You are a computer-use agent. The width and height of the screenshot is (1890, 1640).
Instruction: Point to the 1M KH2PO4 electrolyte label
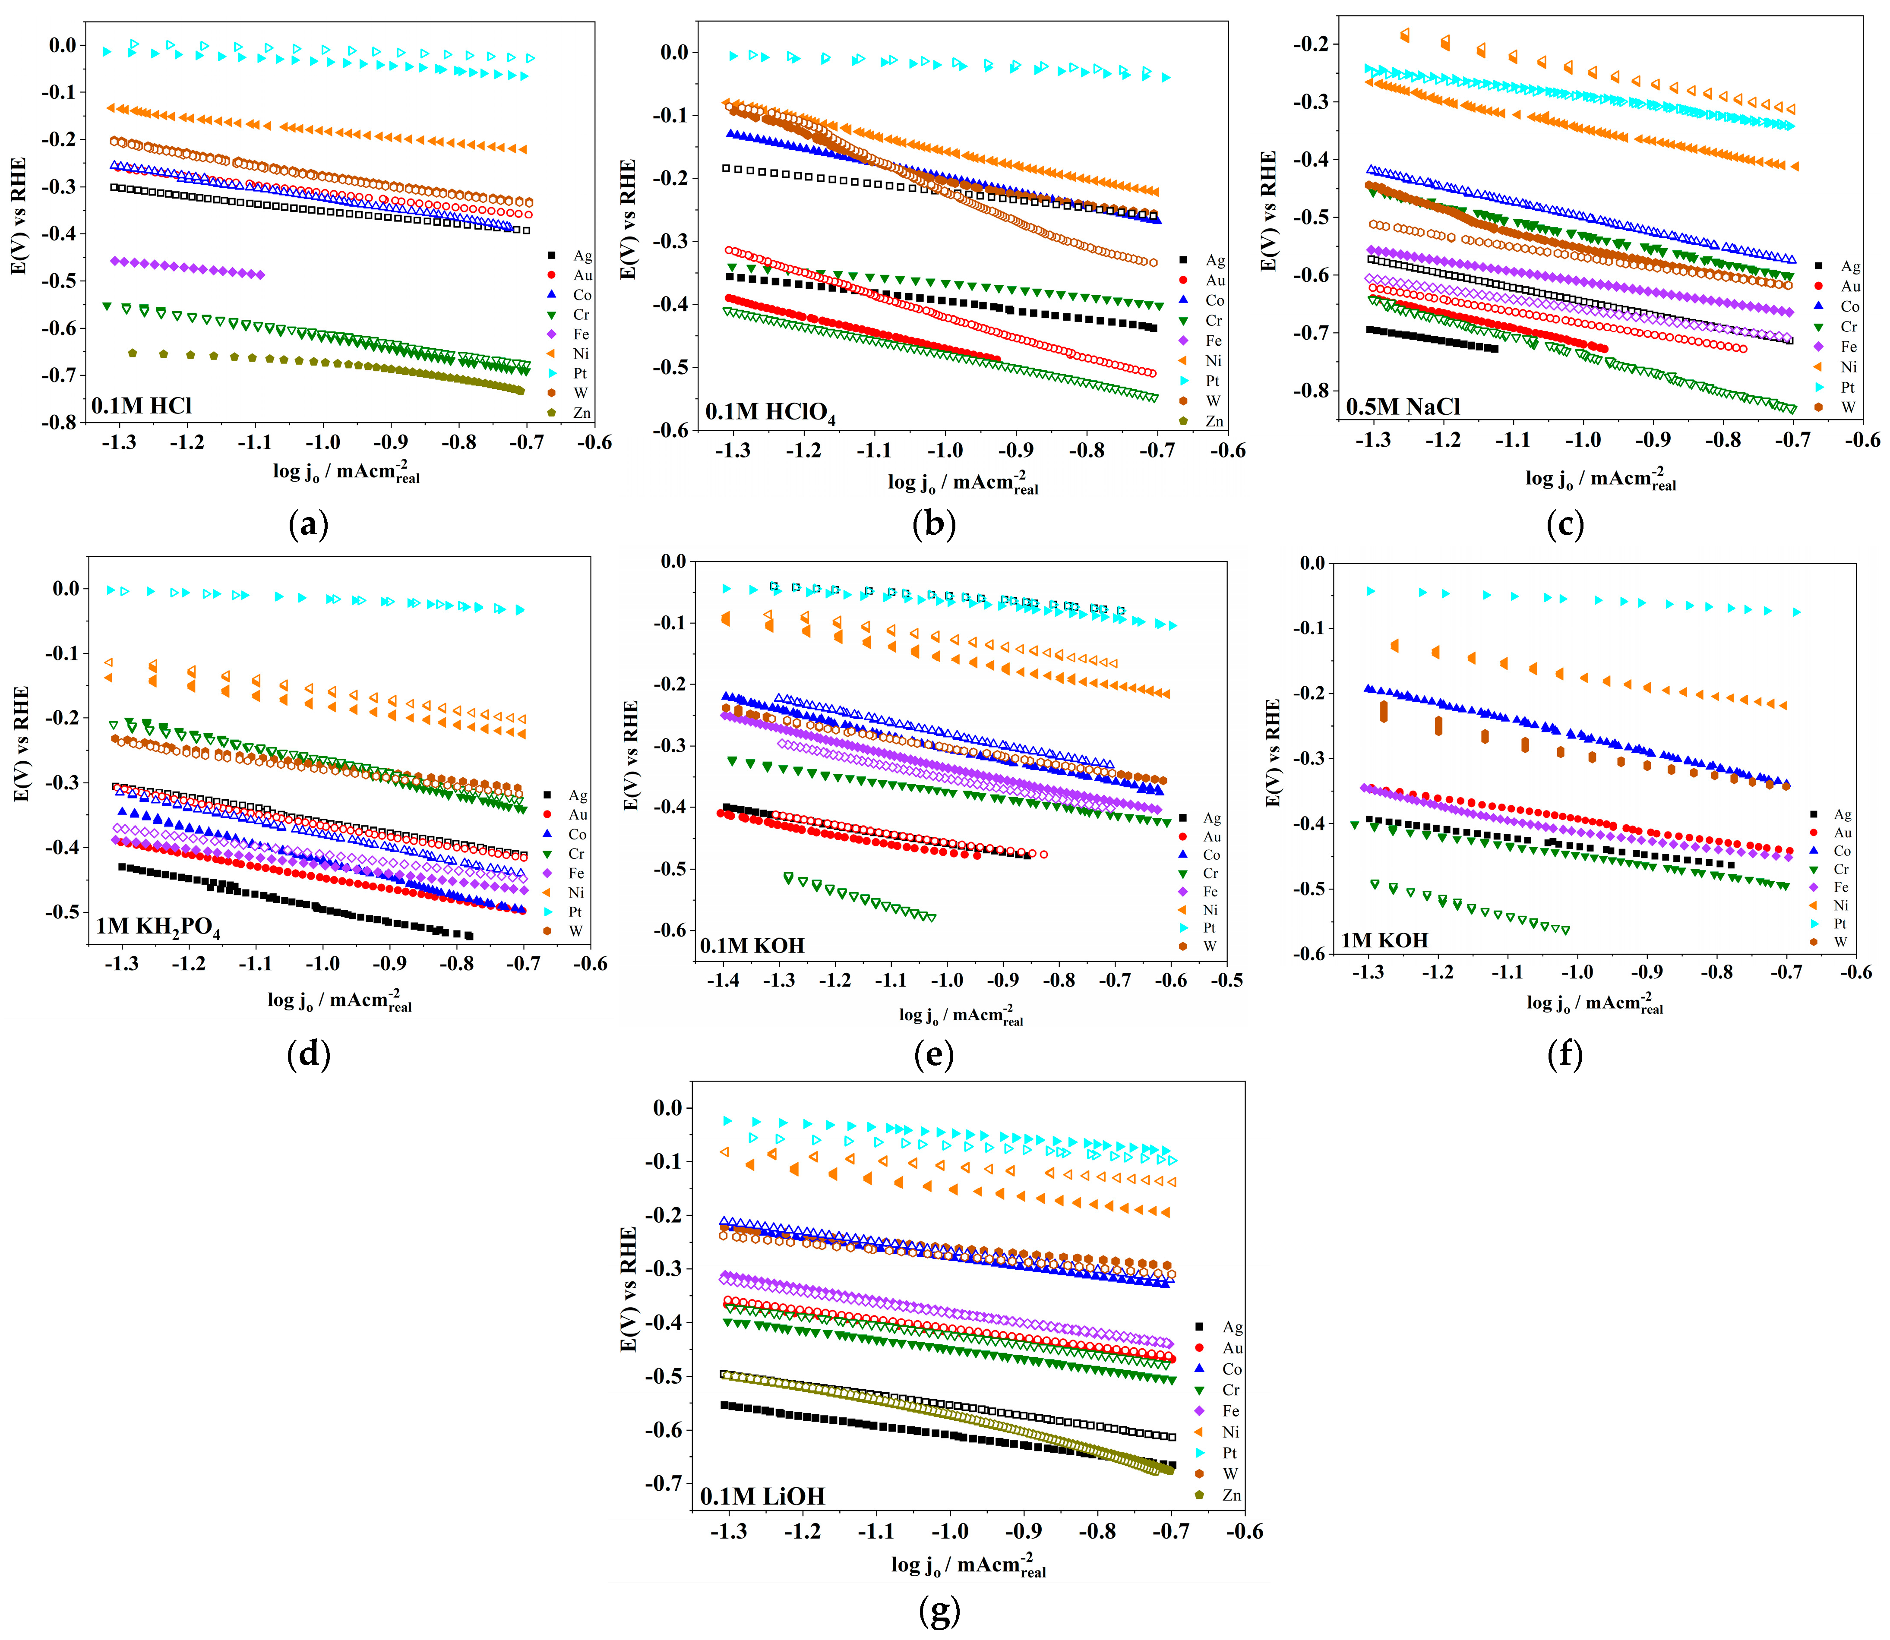pos(158,927)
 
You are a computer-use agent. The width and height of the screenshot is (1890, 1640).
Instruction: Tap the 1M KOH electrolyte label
pos(1384,940)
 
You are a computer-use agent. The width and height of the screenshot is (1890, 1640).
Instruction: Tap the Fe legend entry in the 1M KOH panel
pos(1830,887)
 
